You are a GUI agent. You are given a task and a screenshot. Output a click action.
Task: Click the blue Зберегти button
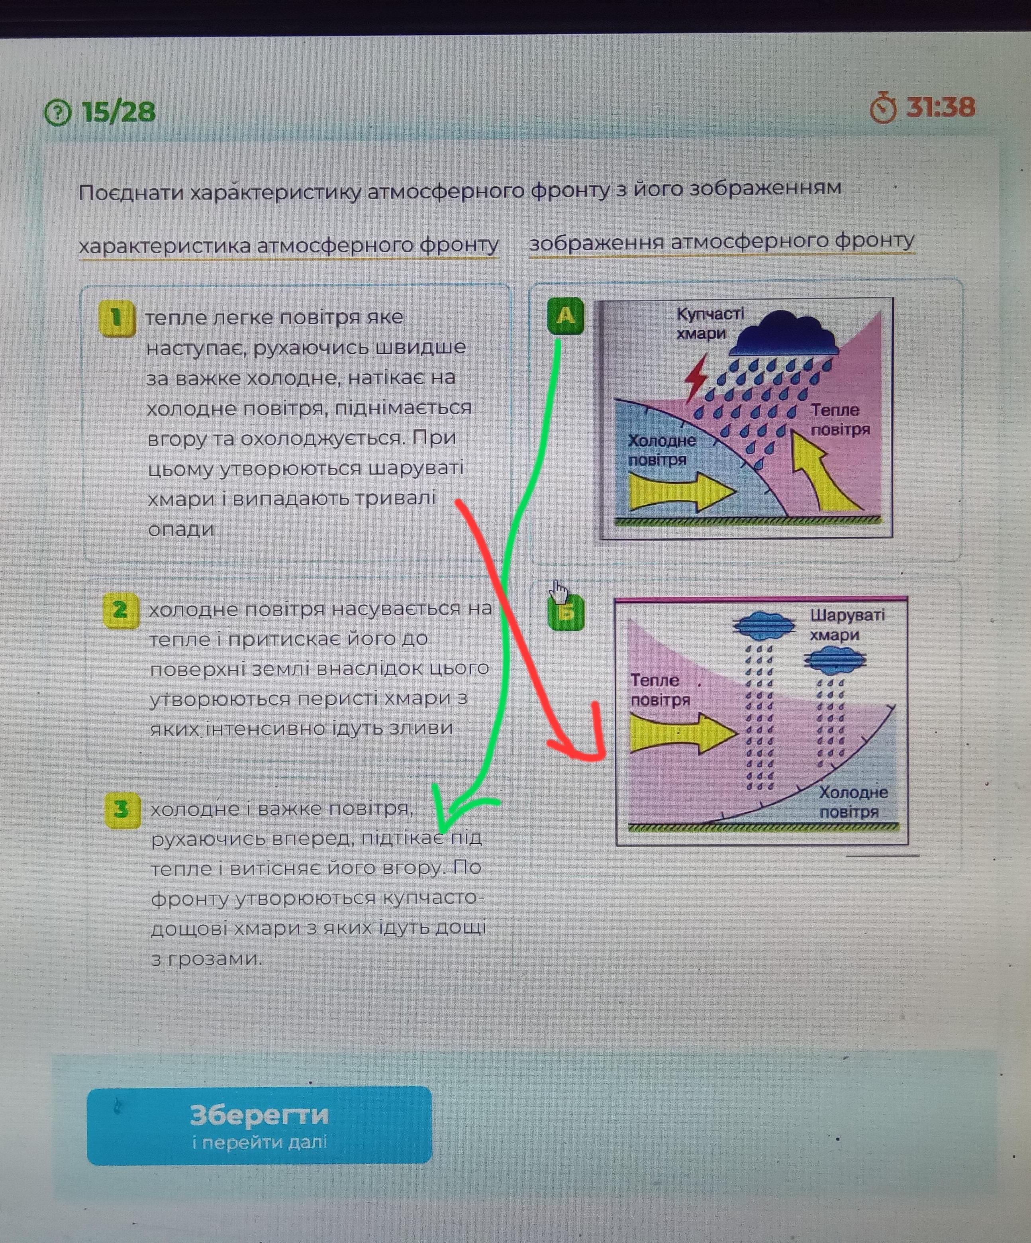coord(259,1125)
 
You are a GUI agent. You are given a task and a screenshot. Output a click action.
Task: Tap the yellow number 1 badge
coord(117,318)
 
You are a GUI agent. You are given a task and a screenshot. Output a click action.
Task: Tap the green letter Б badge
coord(567,613)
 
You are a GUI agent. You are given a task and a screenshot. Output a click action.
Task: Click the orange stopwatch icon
coord(883,108)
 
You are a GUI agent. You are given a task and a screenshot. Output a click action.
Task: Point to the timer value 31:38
coord(941,107)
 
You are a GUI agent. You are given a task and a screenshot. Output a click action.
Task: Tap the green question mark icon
coord(57,112)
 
